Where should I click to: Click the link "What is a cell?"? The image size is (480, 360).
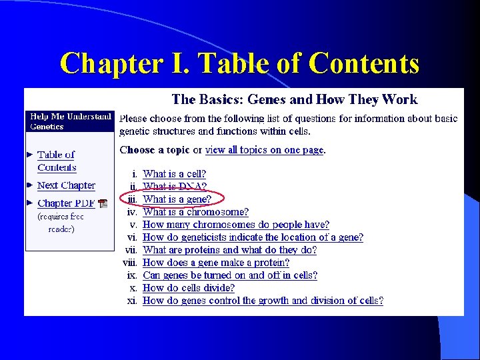point(175,175)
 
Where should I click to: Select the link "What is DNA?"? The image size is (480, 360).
point(175,187)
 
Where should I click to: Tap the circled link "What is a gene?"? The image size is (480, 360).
point(177,199)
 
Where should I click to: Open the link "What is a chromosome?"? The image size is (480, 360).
point(195,212)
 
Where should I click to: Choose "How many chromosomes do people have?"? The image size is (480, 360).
point(236,225)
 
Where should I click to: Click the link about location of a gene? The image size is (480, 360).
point(253,237)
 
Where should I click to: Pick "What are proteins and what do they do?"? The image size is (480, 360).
point(229,250)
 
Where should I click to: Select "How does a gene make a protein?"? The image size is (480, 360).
point(216,263)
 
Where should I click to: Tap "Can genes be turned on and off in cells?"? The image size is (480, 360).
point(230,275)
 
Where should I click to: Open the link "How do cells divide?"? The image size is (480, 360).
point(189,288)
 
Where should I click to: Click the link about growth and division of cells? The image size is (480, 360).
point(263,301)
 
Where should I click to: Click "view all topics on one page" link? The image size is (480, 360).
point(265,150)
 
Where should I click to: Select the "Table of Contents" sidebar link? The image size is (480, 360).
point(57,161)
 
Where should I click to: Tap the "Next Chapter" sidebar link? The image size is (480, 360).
point(66,185)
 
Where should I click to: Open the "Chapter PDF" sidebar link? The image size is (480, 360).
point(66,203)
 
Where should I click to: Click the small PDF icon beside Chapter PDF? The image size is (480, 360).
point(103,204)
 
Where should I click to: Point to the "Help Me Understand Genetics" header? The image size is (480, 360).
point(69,121)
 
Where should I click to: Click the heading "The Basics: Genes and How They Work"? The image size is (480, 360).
point(294,100)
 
